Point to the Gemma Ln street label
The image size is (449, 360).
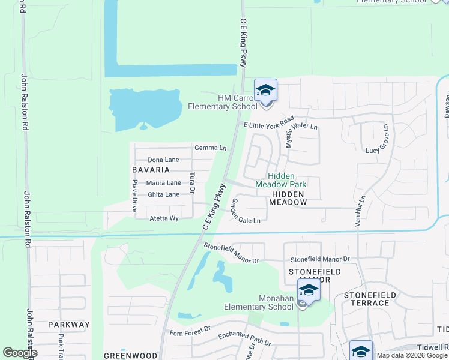pyautogui.click(x=210, y=148)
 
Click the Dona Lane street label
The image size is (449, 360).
pyautogui.click(x=163, y=160)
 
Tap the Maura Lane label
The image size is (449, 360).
pyautogui.click(x=164, y=182)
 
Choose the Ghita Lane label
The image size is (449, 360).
pyautogui.click(x=163, y=194)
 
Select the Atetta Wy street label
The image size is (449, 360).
pyautogui.click(x=164, y=218)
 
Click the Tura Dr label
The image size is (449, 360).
pyautogui.click(x=192, y=183)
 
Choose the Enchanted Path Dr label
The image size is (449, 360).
pyautogui.click(x=244, y=339)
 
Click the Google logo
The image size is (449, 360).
pyautogui.click(x=20, y=353)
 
